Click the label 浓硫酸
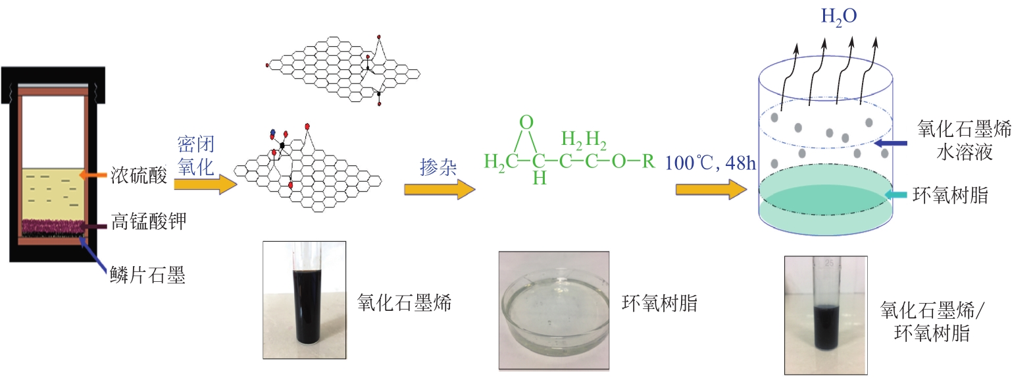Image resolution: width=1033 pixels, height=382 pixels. (138, 175)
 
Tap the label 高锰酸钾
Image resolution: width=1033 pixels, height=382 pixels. (149, 221)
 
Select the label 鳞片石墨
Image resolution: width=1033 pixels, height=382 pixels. (148, 275)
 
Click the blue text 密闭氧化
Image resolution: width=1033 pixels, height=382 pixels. (196, 156)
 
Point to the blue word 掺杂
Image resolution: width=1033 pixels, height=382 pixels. (438, 167)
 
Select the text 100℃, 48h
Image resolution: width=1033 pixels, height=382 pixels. (710, 163)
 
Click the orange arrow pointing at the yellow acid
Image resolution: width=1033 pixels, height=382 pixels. (93, 175)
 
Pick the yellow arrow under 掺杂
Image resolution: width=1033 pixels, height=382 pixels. (439, 190)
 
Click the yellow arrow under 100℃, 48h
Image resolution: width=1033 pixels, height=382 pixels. (711, 190)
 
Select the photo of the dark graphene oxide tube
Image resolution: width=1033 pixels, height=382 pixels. (305, 300)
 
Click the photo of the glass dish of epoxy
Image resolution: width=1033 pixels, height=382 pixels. (553, 310)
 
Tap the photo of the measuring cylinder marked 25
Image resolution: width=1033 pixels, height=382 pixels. (825, 315)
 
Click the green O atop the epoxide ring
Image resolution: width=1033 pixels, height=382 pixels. (526, 123)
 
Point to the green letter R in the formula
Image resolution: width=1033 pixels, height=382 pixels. (648, 161)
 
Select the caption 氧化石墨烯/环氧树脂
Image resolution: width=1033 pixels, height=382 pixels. (933, 321)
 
